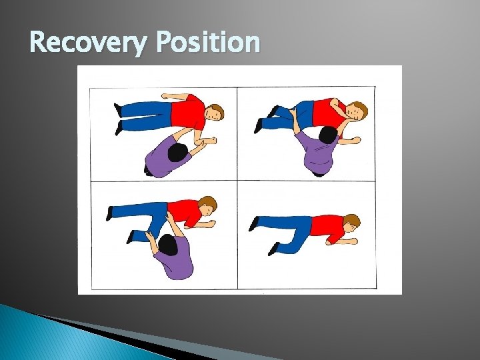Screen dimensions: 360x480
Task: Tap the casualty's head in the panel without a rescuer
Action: pyautogui.click(x=351, y=221)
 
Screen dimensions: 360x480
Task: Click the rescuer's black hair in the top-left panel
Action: pyautogui.click(x=178, y=153)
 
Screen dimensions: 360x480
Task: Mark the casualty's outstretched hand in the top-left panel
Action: pyautogui.click(x=211, y=141)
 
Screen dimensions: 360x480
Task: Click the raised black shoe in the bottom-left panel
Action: pyautogui.click(x=110, y=213)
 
